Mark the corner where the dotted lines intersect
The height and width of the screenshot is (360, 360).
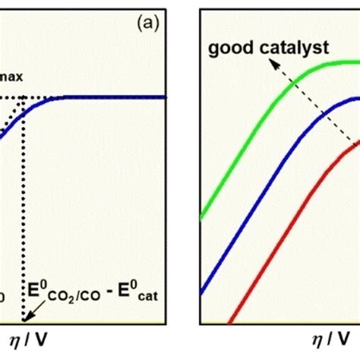click(x=25, y=97)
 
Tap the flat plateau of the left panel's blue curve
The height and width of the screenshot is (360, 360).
click(x=114, y=97)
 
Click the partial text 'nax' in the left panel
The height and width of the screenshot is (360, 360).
click(x=10, y=68)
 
